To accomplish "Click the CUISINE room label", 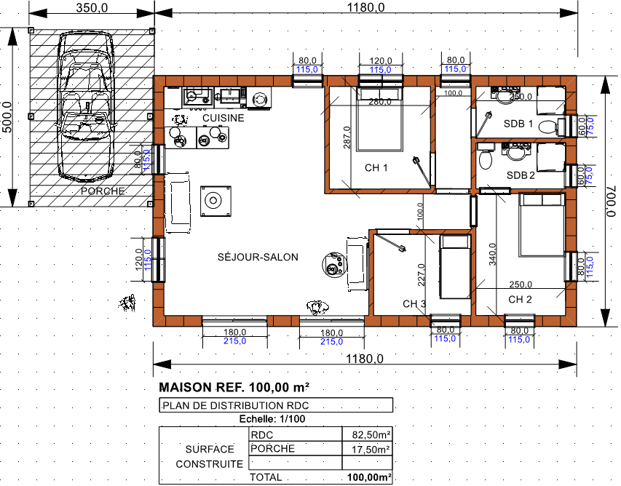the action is [x=223, y=118].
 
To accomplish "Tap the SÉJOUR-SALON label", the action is [x=258, y=258].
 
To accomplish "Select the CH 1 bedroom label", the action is [x=376, y=168].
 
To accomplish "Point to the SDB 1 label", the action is [x=518, y=124].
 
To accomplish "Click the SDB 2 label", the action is [x=521, y=175].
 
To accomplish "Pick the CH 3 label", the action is [x=414, y=304].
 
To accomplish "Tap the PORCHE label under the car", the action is [x=103, y=191].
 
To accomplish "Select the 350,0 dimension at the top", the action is [x=92, y=7].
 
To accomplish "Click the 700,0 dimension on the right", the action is [x=611, y=202].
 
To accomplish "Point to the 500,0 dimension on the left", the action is [x=7, y=117].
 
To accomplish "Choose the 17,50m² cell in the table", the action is [x=371, y=449].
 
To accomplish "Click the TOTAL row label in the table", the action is [x=265, y=477].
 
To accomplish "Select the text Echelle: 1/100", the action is [x=272, y=419].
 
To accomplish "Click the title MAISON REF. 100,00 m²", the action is [x=234, y=387].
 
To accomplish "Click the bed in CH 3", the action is [x=455, y=266].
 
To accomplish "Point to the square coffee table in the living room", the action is [x=215, y=201].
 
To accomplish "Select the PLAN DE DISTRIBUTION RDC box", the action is [x=276, y=405].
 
